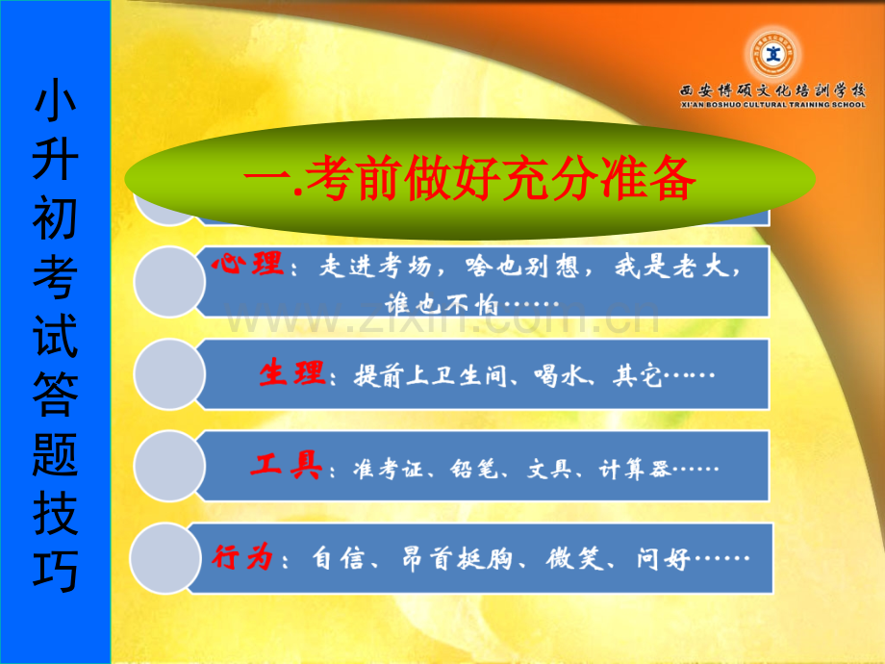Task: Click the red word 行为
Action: pyautogui.click(x=243, y=557)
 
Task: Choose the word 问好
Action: pyautogui.click(x=662, y=558)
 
